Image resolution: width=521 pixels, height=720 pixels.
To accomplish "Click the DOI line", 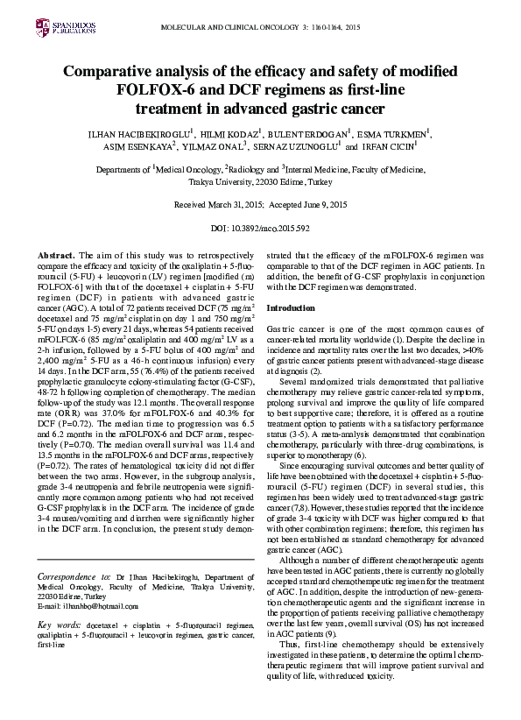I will [261, 227].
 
